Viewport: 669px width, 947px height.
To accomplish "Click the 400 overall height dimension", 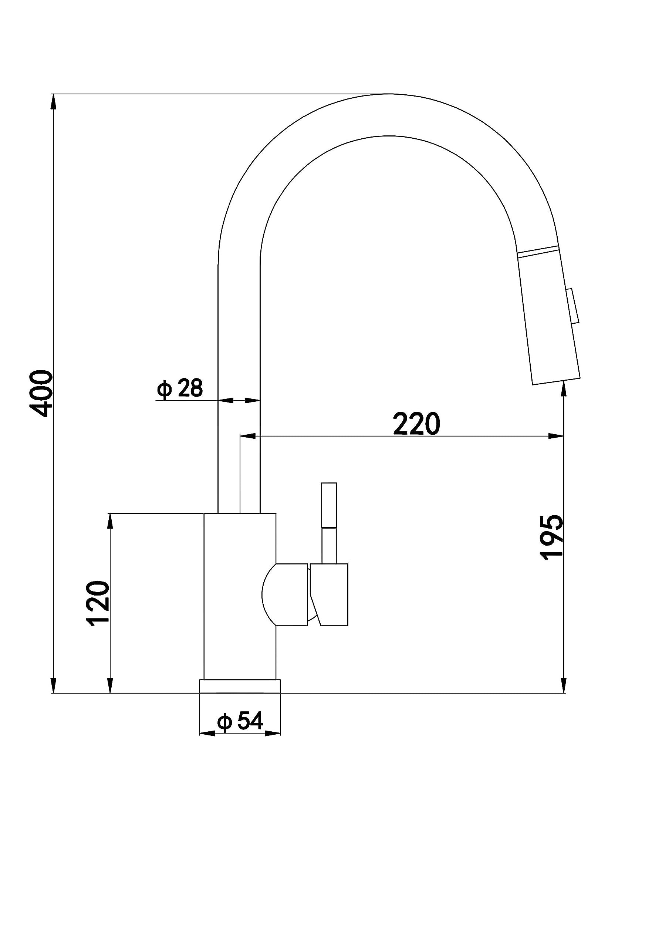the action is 41,394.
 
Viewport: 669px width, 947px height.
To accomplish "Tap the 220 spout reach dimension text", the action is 416,424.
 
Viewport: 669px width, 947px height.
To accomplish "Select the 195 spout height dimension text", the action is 551,537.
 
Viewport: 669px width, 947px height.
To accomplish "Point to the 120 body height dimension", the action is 98,603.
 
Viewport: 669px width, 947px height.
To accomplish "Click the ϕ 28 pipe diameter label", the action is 180,388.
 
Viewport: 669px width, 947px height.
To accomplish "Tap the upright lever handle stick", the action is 329,523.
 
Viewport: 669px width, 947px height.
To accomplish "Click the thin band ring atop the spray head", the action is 538,251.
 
